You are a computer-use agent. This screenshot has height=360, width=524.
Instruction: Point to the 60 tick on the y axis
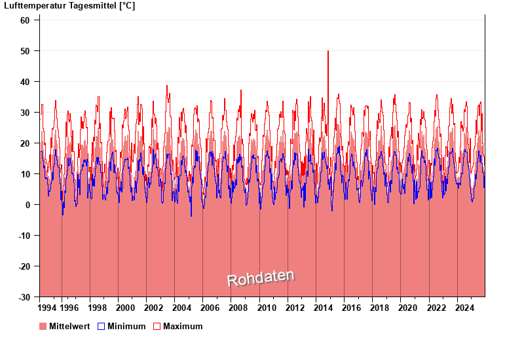coord(25,20)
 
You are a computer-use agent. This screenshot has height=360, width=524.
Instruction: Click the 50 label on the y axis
coord(25,51)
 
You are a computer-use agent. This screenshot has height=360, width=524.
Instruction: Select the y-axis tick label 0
coord(28,205)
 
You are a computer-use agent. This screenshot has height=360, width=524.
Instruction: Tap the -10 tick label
coord(24,236)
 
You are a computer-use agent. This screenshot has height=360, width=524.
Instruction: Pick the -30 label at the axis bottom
coord(24,297)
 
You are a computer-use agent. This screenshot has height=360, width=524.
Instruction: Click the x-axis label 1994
coord(47,308)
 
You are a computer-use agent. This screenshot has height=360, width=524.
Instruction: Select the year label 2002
coord(153,308)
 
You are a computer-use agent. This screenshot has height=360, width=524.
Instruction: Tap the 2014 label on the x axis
coord(323,308)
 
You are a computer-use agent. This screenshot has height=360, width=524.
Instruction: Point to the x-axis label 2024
coord(464,308)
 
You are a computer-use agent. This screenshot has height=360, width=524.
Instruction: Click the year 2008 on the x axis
coord(238,308)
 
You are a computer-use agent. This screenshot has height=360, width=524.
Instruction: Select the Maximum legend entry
coord(183,326)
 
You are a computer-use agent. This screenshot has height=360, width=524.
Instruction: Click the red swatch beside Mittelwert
coord(43,326)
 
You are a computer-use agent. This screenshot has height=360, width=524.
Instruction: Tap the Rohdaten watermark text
coord(261,278)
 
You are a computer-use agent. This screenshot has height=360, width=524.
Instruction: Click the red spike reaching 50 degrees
coord(328,52)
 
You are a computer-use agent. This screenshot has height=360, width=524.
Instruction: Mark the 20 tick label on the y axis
coord(25,143)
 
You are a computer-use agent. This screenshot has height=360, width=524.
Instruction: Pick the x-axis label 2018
coord(379,308)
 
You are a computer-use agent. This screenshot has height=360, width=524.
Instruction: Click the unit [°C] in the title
coord(127,6)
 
